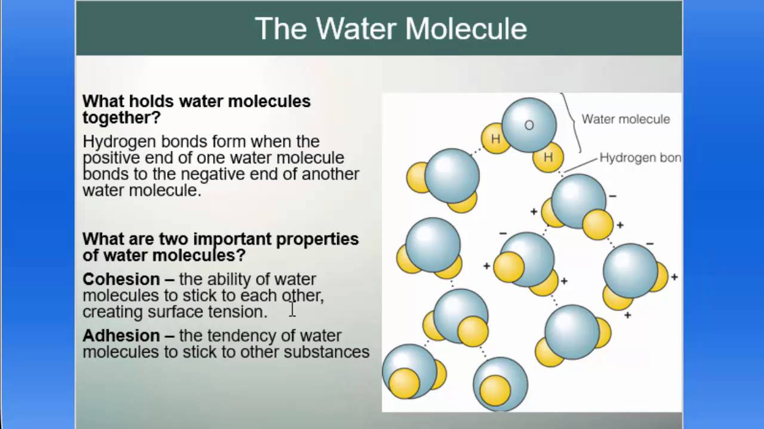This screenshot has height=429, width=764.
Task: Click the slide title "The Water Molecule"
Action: (x=391, y=29)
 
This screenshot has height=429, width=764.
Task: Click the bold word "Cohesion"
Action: (x=121, y=279)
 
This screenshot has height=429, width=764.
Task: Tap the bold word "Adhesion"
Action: (x=121, y=335)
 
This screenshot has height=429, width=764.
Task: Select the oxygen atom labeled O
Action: (x=529, y=125)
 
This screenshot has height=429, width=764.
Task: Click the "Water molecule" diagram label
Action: (x=626, y=119)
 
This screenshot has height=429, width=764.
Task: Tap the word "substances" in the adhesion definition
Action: (x=326, y=352)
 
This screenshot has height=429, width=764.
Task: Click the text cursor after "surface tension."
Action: (x=292, y=309)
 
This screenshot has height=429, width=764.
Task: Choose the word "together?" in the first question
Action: (x=122, y=117)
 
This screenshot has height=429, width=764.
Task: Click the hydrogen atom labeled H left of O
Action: (x=495, y=139)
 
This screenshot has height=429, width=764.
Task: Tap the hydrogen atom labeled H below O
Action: (x=548, y=157)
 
